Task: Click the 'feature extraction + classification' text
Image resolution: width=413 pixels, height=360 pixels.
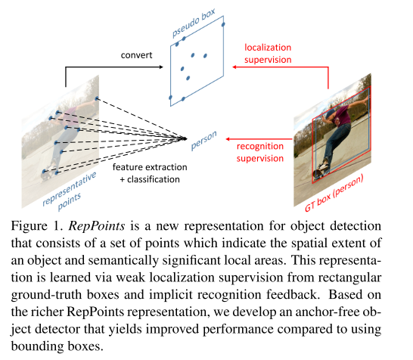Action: point(145,173)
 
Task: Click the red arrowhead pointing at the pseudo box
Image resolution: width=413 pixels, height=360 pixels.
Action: point(234,67)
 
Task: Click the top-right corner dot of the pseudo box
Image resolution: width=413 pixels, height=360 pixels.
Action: point(223,24)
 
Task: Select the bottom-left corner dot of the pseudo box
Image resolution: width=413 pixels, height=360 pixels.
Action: point(171,98)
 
